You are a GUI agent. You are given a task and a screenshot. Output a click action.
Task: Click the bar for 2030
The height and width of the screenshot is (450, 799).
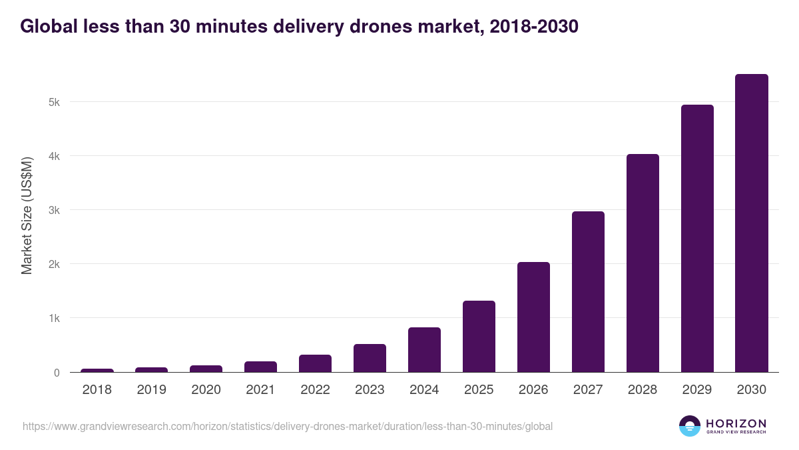tap(752, 223)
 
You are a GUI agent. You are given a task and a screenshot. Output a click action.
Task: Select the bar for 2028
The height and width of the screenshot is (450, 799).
tap(643, 263)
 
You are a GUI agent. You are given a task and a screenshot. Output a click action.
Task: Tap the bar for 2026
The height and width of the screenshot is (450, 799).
tap(533, 317)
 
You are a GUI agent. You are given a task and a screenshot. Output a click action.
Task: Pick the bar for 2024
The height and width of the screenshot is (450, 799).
tap(424, 350)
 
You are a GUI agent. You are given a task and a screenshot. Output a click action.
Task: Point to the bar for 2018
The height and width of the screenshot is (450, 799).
tap(97, 370)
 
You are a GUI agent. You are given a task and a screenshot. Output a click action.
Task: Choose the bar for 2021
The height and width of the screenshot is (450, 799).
tap(260, 367)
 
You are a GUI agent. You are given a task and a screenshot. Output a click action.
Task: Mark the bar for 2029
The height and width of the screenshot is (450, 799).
tap(697, 239)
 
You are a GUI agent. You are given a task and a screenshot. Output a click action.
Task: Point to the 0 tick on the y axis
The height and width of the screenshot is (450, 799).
tap(57, 373)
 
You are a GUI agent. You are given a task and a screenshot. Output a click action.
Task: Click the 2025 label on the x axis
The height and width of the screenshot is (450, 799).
tap(479, 390)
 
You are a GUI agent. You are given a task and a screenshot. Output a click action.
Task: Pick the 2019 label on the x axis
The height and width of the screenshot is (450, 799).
tap(152, 390)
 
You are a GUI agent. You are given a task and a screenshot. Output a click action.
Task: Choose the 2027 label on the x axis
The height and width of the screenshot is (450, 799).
tap(588, 390)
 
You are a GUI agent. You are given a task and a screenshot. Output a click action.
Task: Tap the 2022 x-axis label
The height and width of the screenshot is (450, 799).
tap(315, 390)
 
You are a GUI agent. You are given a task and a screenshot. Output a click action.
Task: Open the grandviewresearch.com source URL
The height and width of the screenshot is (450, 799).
tap(288, 426)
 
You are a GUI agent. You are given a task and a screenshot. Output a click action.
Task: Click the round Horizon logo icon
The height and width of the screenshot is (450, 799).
tap(690, 426)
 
